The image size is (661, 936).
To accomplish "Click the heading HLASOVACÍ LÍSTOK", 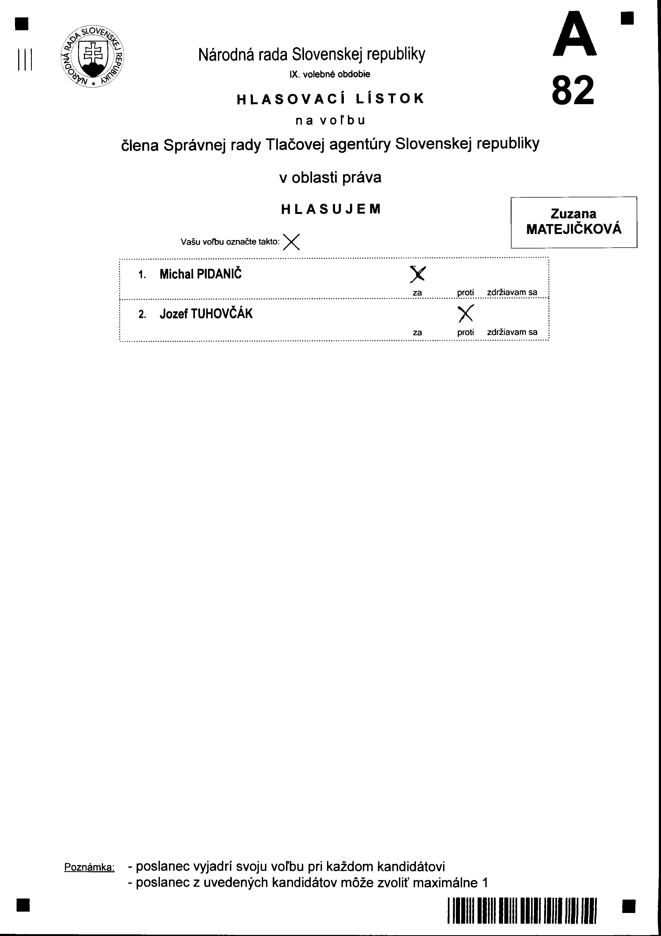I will (330, 99).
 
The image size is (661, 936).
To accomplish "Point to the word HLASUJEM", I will (331, 209).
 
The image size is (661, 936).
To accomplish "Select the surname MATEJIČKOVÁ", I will (574, 229).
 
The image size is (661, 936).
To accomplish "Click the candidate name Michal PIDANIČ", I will (200, 274).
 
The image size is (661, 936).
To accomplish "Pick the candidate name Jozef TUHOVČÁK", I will (206, 314).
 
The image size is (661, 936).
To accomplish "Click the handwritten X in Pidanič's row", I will (417, 274).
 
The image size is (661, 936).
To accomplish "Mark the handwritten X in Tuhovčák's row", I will (466, 313).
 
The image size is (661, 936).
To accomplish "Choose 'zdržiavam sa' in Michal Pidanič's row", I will (512, 292).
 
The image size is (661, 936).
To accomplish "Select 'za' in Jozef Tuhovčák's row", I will (417, 332).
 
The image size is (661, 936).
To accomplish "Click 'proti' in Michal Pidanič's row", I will (465, 292).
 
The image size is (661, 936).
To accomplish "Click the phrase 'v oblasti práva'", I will (330, 177).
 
